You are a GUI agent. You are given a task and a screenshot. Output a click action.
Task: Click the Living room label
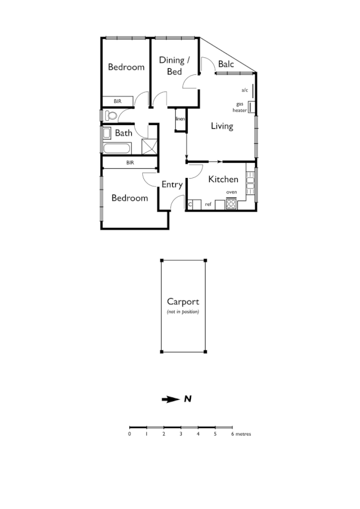(x=222, y=126)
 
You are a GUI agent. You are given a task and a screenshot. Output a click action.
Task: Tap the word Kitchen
(x=223, y=179)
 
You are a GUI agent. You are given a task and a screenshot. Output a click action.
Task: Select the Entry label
(x=172, y=185)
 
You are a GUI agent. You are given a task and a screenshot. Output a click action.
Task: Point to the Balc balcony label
(x=226, y=63)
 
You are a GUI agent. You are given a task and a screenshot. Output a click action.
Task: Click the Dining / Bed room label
(x=175, y=66)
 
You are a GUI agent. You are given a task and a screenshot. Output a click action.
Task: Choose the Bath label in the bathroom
(x=124, y=133)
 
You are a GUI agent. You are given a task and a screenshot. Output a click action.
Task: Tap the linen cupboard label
(x=180, y=119)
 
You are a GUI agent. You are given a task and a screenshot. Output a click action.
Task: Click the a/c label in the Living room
(x=245, y=90)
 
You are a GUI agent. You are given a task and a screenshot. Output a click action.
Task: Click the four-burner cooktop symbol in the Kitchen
(x=231, y=204)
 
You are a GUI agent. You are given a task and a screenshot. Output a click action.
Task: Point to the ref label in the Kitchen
(x=208, y=204)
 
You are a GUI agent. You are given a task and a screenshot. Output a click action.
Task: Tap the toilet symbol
(x=110, y=115)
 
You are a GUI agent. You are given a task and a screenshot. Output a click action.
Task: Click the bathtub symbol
(x=116, y=148)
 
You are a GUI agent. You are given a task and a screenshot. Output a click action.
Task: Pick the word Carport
(x=183, y=301)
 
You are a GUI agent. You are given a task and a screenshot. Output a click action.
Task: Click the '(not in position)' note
(x=183, y=311)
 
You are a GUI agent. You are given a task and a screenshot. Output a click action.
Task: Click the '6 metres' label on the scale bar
(x=240, y=434)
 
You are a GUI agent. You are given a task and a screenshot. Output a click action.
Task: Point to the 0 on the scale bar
(x=129, y=434)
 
